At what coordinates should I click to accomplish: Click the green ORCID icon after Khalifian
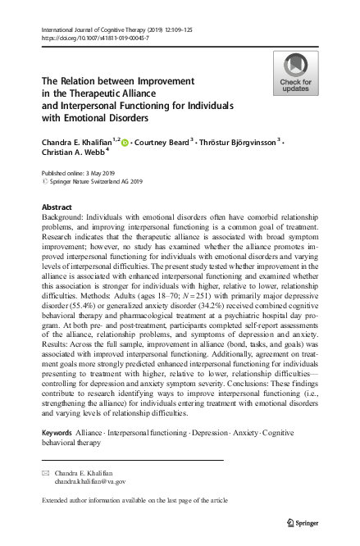click(x=125, y=143)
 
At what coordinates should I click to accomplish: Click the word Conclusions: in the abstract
click(x=212, y=384)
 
